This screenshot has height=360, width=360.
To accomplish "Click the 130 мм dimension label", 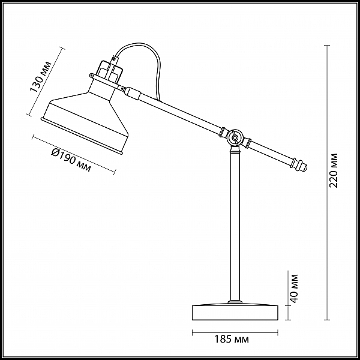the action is (x=41, y=77).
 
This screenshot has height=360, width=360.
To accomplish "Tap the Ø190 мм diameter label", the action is (x=71, y=160).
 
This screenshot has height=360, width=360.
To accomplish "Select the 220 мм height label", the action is (x=334, y=170).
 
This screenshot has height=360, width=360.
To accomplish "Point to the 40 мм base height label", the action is (x=293, y=289).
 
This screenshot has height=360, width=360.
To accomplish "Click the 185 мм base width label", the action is (x=232, y=339).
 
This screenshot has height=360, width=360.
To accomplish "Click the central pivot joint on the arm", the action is (x=235, y=138).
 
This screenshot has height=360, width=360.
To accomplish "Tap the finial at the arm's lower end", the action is (x=300, y=165).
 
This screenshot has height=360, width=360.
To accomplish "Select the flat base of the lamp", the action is (x=235, y=312).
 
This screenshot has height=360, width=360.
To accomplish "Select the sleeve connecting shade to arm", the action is (x=132, y=92).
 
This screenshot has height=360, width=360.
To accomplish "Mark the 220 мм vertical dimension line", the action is (x=327, y=182).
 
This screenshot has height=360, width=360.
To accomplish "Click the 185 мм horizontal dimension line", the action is (x=235, y=332).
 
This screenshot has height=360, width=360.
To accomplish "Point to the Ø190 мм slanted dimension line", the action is (x=74, y=154).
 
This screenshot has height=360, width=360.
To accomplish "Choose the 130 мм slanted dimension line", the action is (x=46, y=82).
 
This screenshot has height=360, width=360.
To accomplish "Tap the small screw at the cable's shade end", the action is (x=114, y=59).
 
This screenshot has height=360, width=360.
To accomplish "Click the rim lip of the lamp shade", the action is (x=82, y=136).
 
